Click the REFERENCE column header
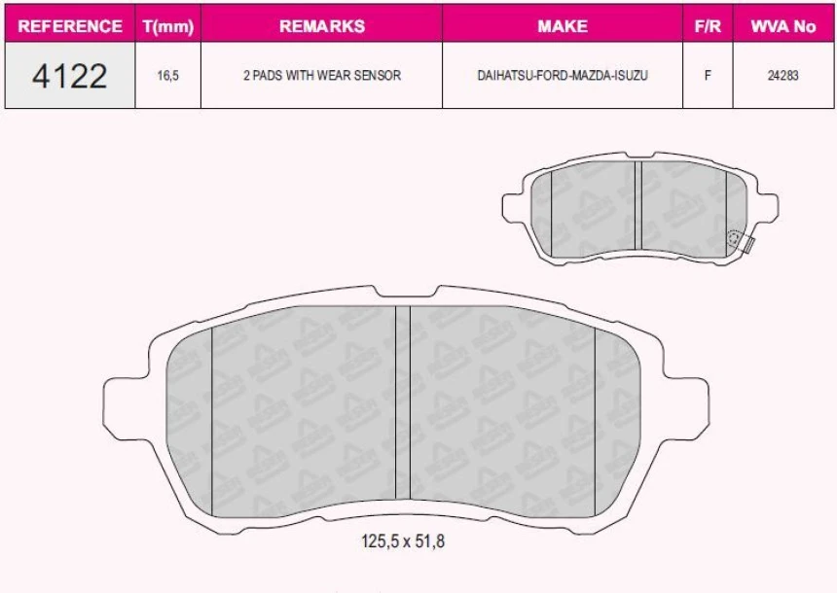coord(70,26)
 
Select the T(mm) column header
coord(168,26)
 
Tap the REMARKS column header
coord(321,26)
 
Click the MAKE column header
coord(563,26)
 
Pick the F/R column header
coord(707,26)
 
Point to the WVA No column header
coord(782,26)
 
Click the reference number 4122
coord(70,75)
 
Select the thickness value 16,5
coord(168,76)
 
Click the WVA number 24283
coord(782,76)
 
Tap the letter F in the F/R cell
coord(708,76)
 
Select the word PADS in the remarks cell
coord(273,76)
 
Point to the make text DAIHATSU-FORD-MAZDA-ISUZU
coord(563,76)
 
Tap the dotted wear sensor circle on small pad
coord(735,237)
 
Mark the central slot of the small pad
coord(638,209)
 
